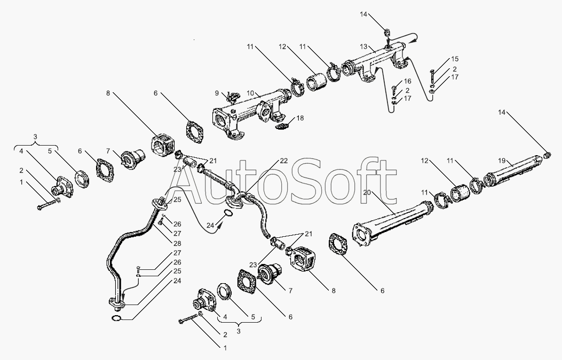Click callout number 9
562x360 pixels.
[x=217, y=93]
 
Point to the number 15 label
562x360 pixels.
[x=454, y=59]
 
